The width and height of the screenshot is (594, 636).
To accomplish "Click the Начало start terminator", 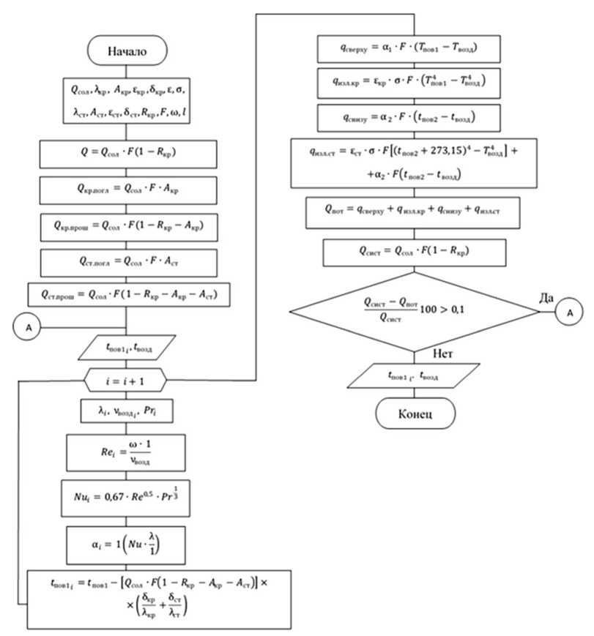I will [x=127, y=52].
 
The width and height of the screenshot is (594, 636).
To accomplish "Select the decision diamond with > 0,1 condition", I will [x=413, y=310].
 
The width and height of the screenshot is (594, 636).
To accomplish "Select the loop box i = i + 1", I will [x=127, y=379].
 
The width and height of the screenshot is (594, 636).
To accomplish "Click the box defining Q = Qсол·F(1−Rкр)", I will [x=127, y=154].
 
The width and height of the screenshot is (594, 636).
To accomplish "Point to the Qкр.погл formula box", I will [x=127, y=190].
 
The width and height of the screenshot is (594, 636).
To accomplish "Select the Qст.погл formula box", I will [x=127, y=260].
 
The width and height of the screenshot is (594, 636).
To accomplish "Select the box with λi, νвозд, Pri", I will [x=127, y=411].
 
